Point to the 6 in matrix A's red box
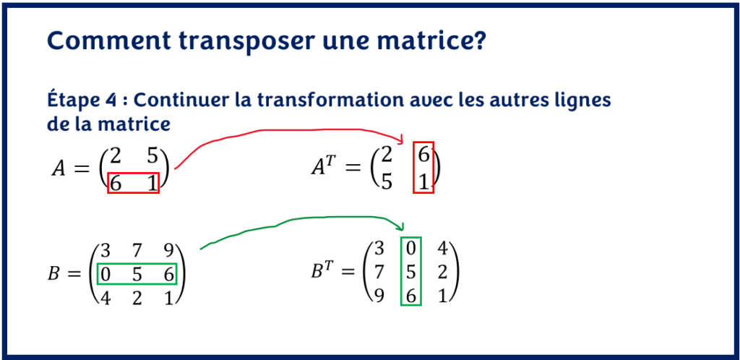click(x=116, y=183)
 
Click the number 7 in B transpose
click(x=377, y=273)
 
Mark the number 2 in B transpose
click(x=443, y=273)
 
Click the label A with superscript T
click(x=323, y=168)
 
